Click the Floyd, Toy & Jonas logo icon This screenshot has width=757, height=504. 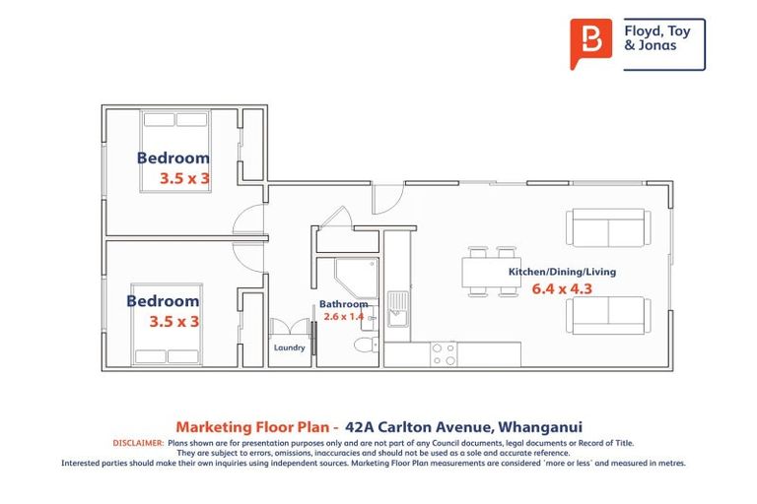(x=590, y=44)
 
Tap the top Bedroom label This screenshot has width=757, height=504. (x=173, y=157)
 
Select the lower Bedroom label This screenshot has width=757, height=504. (x=163, y=301)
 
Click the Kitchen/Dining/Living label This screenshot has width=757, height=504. (x=562, y=271)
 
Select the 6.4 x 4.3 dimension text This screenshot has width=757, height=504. (x=562, y=289)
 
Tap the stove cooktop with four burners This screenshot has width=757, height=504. (x=443, y=354)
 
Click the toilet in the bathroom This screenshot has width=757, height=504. (x=364, y=347)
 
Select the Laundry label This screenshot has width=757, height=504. (x=289, y=347)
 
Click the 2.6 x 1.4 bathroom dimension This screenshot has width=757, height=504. (x=342, y=317)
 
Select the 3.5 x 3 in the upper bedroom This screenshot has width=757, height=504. (x=185, y=179)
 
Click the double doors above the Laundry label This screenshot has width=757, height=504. (x=290, y=328)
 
